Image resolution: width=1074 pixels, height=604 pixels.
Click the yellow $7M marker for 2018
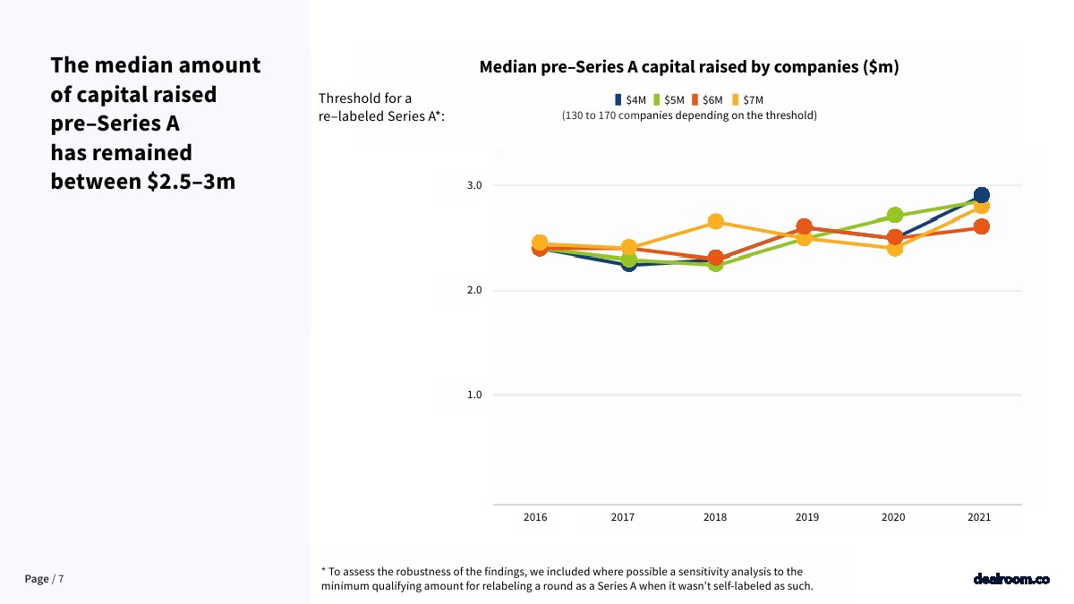click(715, 222)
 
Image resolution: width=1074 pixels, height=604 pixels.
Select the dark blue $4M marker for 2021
click(981, 195)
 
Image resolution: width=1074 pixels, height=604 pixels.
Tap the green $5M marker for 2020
click(894, 216)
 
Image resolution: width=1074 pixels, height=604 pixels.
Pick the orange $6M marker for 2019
click(804, 227)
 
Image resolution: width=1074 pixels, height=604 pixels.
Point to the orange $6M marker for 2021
click(981, 226)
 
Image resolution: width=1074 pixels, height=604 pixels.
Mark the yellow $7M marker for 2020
click(894, 248)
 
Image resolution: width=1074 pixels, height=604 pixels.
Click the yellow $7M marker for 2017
click(628, 247)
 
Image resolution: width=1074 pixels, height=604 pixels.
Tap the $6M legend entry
click(707, 100)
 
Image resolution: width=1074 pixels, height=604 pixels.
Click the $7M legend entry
click(747, 100)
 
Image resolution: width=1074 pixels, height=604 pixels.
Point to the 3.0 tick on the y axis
click(474, 185)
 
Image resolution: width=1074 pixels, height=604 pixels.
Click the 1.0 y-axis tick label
click(474, 395)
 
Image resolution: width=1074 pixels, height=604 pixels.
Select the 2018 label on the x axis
click(715, 517)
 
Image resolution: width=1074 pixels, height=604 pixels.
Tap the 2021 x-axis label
click(979, 517)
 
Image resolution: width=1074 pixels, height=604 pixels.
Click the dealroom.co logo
click(1011, 579)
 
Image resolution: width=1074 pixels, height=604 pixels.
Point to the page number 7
click(61, 579)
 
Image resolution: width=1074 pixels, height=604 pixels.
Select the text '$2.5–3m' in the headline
click(192, 182)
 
